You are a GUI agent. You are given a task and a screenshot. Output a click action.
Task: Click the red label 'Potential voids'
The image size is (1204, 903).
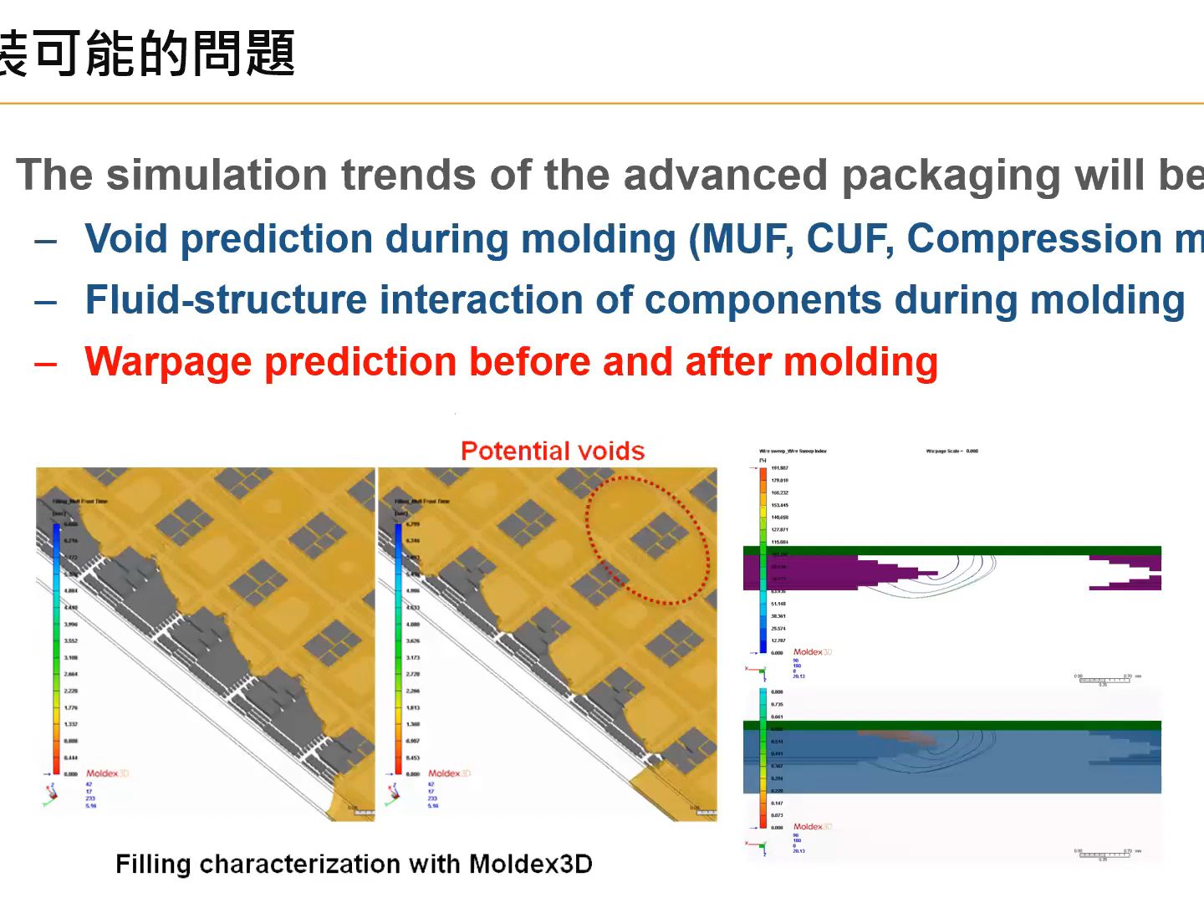point(553,451)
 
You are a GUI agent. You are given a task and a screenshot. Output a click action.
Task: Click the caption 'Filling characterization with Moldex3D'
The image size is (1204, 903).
point(354,864)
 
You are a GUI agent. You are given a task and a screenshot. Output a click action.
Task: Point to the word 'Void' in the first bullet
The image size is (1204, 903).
point(126,239)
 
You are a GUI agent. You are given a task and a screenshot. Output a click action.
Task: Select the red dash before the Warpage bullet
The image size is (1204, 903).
point(46,364)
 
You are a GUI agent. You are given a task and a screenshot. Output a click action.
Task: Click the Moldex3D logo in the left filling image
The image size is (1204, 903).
point(107,773)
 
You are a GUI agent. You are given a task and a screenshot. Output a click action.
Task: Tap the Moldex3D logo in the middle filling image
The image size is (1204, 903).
point(449,773)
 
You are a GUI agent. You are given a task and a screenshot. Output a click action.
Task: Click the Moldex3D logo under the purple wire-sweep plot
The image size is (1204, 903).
point(812,651)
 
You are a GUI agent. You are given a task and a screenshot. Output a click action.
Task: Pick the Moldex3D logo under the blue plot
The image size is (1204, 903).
point(812,826)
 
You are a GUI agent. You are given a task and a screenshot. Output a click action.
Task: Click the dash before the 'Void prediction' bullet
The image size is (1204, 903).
point(46,241)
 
